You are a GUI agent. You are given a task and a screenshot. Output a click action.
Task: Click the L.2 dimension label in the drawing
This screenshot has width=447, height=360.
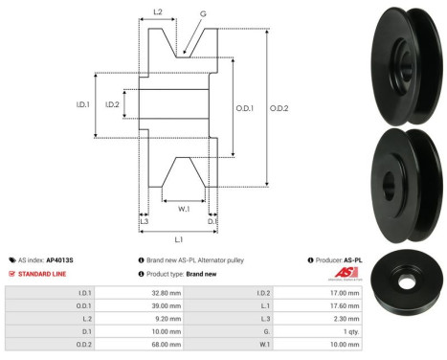point(158,12)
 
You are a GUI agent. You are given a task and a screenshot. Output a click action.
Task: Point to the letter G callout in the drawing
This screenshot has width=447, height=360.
point(202,14)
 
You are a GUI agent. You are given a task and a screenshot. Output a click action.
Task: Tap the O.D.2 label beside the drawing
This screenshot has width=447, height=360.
point(279,107)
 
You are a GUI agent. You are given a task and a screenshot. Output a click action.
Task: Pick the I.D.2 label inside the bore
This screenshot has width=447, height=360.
point(112,104)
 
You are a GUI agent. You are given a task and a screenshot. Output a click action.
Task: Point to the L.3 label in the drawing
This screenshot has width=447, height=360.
point(144,221)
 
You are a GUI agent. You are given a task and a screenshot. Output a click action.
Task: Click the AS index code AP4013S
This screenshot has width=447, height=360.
point(60,259)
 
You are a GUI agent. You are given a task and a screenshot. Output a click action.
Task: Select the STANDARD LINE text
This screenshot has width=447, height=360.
point(45,273)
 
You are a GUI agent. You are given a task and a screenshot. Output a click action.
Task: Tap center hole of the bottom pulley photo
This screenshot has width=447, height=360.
point(409,282)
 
